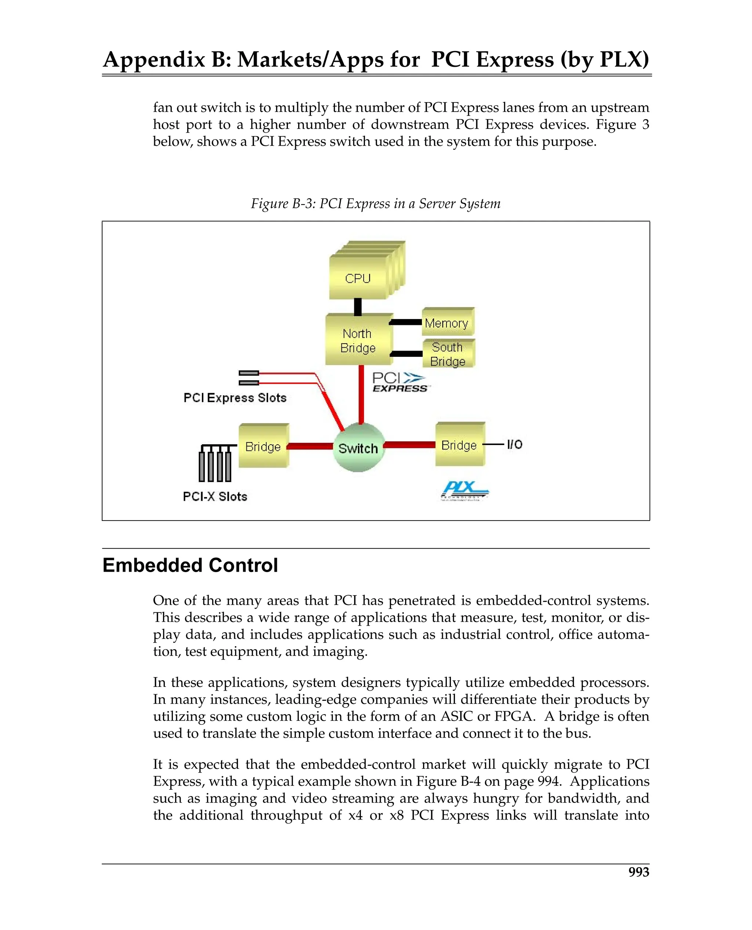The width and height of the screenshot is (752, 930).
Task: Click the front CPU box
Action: click(358, 278)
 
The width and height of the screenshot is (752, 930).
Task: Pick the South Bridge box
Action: click(448, 354)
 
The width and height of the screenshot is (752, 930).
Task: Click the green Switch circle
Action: click(358, 448)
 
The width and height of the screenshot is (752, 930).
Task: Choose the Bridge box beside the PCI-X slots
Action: click(263, 446)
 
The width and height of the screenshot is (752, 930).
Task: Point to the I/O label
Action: click(515, 444)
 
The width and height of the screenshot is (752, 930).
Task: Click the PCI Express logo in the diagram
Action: click(399, 382)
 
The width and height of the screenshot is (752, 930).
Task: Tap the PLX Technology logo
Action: click(463, 491)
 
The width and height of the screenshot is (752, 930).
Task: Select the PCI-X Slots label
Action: click(215, 496)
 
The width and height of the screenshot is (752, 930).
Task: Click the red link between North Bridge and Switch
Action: click(361, 394)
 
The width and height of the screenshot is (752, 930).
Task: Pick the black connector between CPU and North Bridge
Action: click(358, 306)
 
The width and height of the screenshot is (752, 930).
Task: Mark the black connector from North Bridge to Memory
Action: click(406, 322)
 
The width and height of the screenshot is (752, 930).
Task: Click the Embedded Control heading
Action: click(190, 565)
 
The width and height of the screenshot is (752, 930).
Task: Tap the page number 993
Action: click(639, 872)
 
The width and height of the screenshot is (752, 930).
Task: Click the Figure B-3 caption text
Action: click(376, 203)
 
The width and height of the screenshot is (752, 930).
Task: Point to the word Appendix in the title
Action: click(154, 59)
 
